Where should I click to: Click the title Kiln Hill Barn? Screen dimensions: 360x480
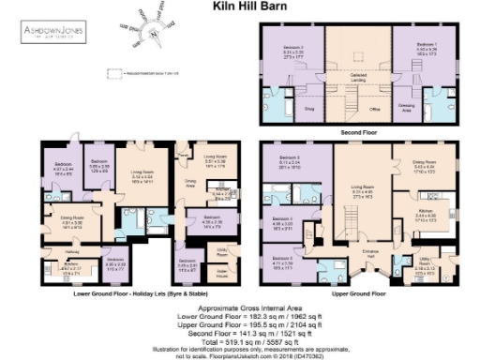pyautogui.click(x=238, y=7)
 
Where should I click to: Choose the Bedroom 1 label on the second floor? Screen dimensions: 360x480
pyautogui.click(x=425, y=46)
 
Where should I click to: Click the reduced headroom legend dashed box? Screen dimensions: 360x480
pyautogui.click(x=116, y=72)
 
